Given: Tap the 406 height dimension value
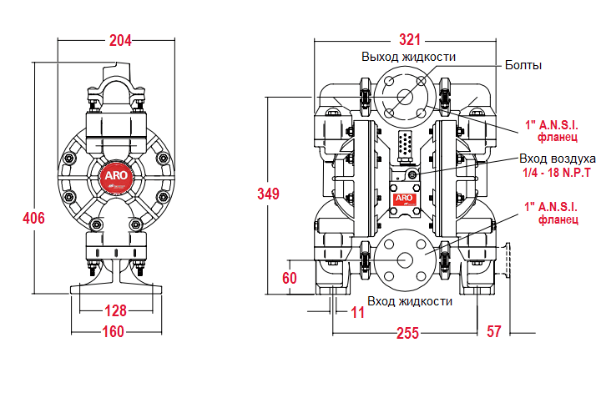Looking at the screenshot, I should [x=33, y=218].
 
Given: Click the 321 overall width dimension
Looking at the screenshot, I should [x=409, y=39].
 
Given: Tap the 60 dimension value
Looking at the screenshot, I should [x=289, y=278].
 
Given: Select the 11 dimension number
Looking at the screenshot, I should [x=358, y=314].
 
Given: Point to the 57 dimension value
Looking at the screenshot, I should [x=493, y=331].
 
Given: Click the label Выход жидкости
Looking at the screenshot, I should [x=408, y=57].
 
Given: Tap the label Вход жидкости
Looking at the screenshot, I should [x=410, y=300].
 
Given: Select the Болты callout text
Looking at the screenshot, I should [x=523, y=64].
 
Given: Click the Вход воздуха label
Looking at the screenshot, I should [x=557, y=159].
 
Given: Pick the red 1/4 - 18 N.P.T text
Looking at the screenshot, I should [x=557, y=172].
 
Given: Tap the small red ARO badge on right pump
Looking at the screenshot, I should [x=404, y=199].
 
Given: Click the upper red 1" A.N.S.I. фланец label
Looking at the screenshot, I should [x=552, y=129].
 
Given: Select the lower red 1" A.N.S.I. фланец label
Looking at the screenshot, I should [x=552, y=213].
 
